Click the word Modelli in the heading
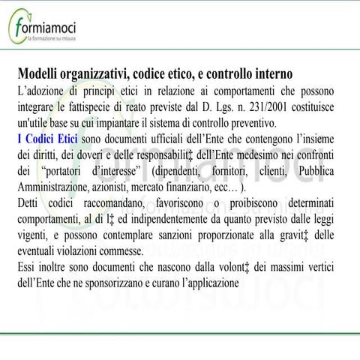[40, 74]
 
